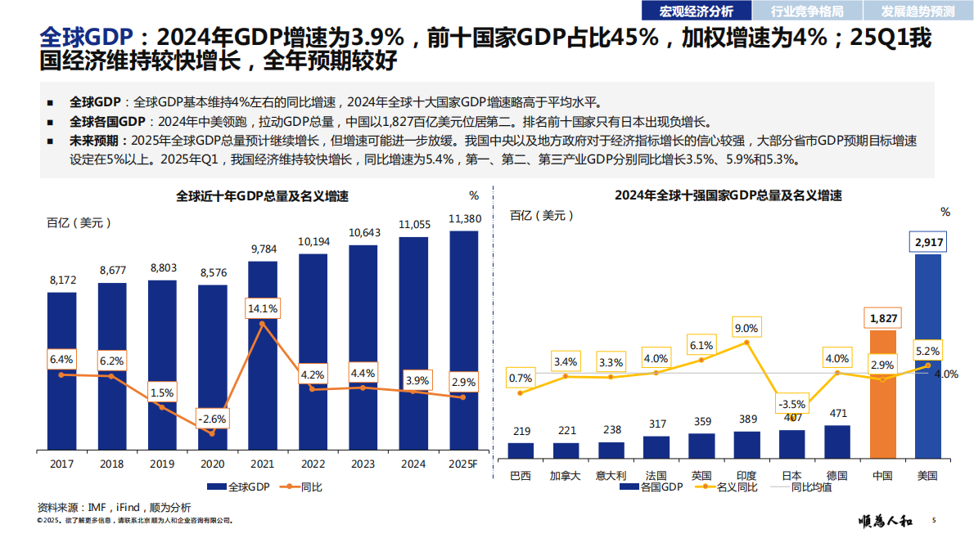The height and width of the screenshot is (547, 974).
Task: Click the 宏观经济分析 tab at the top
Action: (x=695, y=11)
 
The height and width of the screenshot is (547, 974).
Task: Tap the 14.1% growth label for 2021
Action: (x=263, y=309)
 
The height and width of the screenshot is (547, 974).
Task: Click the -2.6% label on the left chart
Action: (x=212, y=419)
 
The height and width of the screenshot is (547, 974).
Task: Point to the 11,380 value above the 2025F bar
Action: (x=465, y=218)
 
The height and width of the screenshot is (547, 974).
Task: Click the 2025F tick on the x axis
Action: (x=463, y=464)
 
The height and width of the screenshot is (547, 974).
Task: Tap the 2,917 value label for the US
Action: (x=928, y=243)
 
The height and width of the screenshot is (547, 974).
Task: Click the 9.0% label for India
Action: (x=746, y=329)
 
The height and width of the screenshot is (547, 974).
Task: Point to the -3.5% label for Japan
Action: (x=791, y=404)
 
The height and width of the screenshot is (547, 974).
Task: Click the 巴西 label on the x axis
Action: (x=521, y=475)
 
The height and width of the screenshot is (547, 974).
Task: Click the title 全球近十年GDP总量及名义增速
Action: (x=263, y=196)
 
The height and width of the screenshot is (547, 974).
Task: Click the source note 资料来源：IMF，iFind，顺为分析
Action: (x=115, y=507)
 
